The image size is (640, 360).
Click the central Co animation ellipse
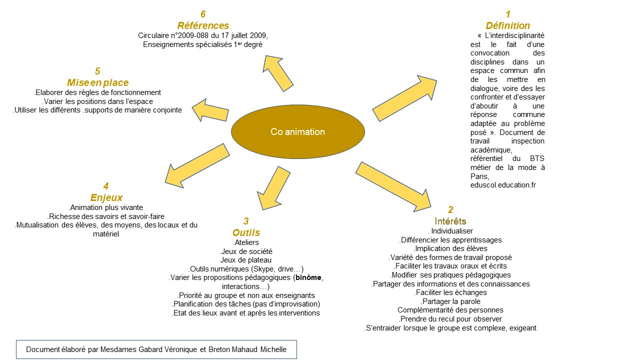coord(298,132)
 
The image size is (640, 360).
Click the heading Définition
coord(507,25)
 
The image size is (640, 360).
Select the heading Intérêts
coord(450,221)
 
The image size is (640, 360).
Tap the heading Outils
coord(246,232)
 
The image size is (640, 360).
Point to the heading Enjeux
coord(106,197)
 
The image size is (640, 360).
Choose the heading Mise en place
coord(97,82)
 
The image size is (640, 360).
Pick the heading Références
coord(203,25)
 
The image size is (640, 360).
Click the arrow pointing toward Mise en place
coord(210,109)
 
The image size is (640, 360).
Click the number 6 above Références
coord(203,14)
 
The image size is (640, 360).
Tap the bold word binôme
coord(309,277)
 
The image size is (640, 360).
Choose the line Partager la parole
coord(450,301)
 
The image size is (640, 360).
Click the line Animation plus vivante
coord(106,207)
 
